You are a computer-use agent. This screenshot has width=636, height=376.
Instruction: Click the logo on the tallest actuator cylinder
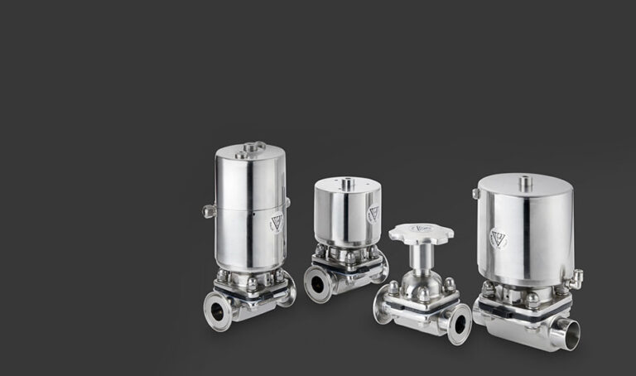[x=276, y=222]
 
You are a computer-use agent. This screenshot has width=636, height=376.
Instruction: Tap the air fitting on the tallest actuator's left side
[x=209, y=211]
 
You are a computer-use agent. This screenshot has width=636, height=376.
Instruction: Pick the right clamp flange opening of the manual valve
[x=459, y=320]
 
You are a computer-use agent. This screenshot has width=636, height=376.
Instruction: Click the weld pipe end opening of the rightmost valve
[x=566, y=334]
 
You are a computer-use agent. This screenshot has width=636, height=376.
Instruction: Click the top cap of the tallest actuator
[x=249, y=150]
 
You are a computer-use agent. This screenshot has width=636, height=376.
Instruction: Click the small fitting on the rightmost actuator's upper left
[x=475, y=194]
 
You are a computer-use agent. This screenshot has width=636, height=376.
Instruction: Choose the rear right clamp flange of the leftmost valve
[x=288, y=290]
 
